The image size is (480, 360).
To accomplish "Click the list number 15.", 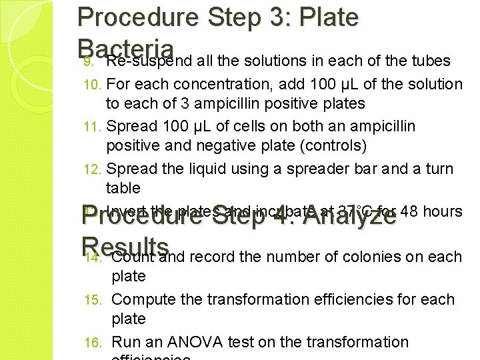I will (91, 300).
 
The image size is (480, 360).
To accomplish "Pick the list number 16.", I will (91, 343).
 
